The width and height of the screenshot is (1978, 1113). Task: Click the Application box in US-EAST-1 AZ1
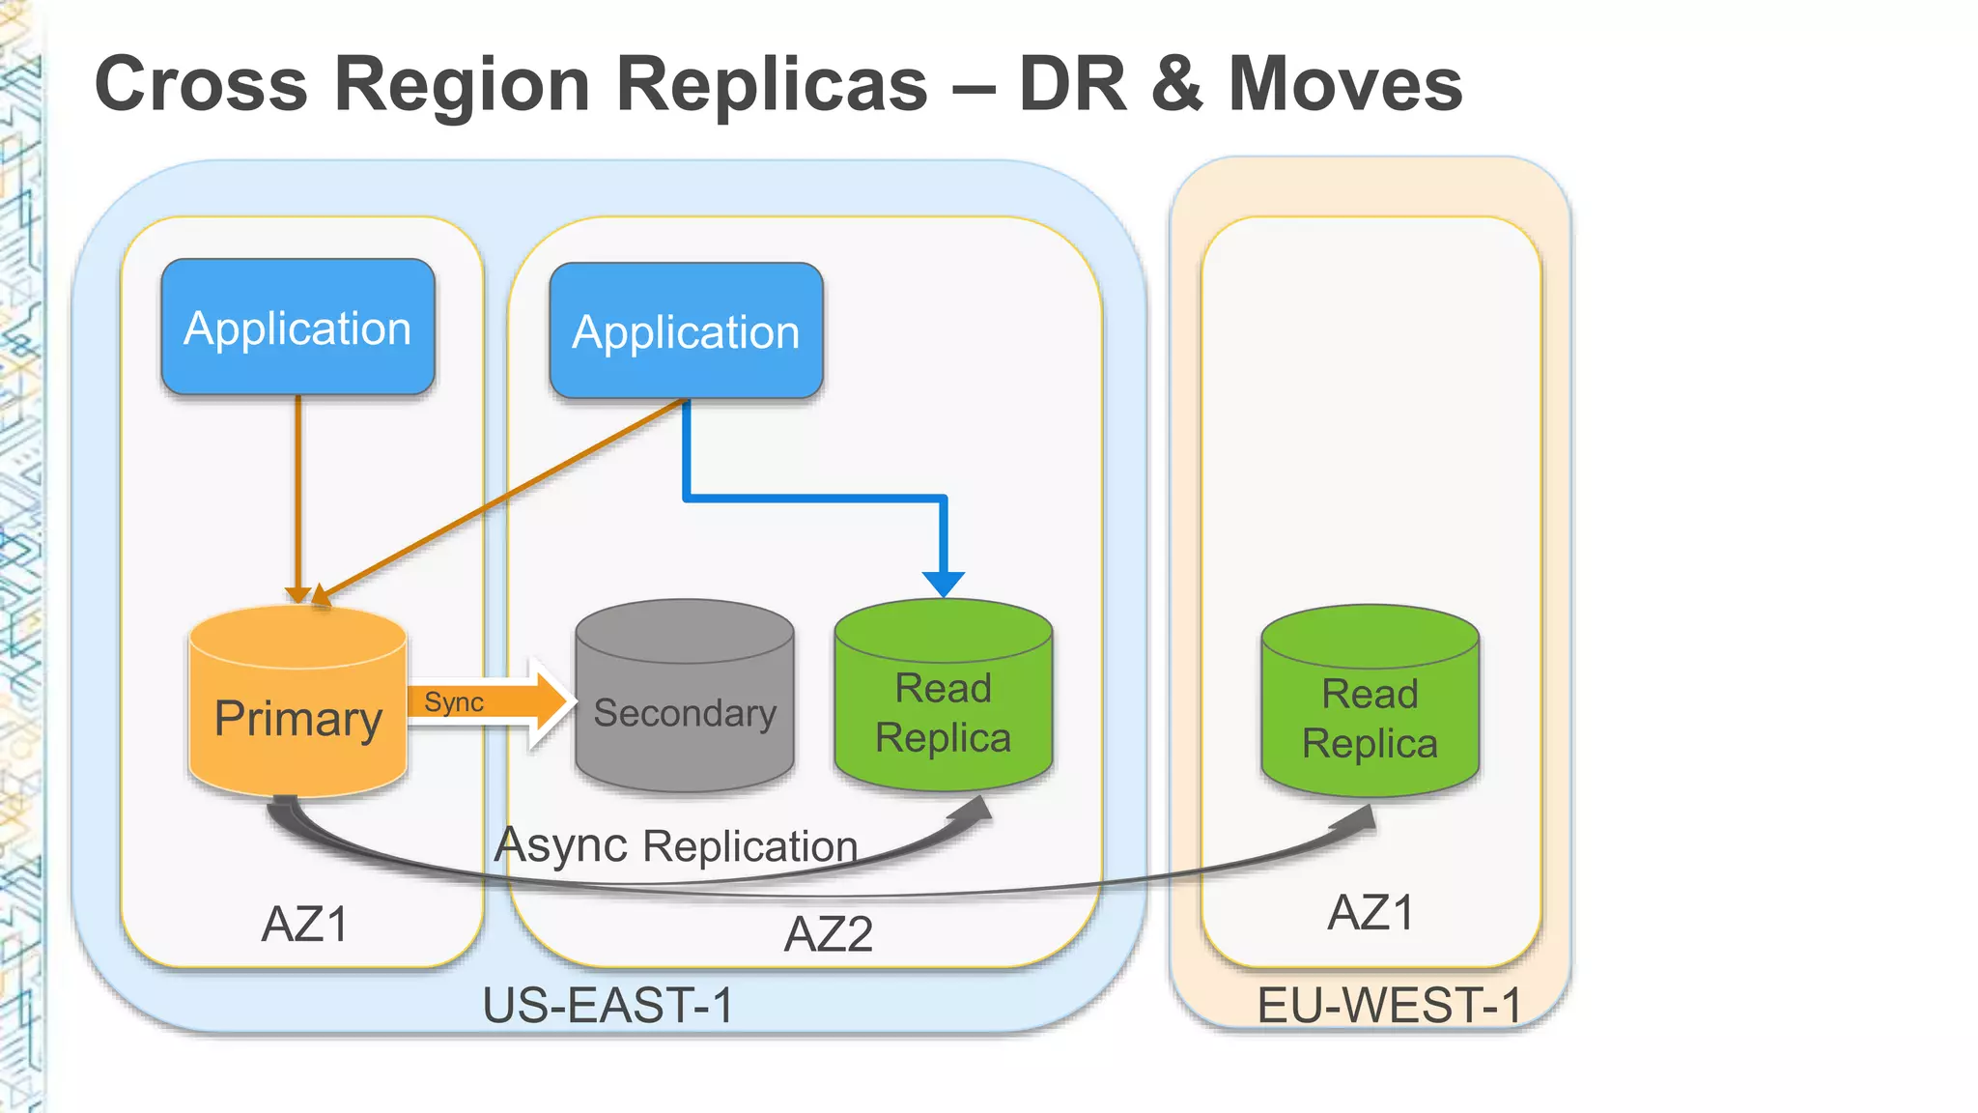[x=297, y=328]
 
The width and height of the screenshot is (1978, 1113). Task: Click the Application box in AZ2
[x=686, y=331]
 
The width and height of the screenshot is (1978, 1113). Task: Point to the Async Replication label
[x=676, y=845]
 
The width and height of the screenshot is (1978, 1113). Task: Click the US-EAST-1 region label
[x=608, y=1005]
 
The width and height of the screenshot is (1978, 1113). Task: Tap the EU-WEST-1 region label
[x=1389, y=1005]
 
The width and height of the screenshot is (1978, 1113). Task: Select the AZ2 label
[x=829, y=934]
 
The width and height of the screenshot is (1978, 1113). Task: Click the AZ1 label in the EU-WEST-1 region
[x=1371, y=913]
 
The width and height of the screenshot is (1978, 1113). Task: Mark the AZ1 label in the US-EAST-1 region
[x=305, y=925]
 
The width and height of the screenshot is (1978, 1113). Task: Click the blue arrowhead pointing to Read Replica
[x=944, y=584]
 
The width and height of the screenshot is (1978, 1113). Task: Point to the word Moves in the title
[x=1345, y=84]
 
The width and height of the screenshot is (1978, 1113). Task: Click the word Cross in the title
[x=201, y=84]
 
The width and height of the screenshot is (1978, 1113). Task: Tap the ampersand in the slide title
[x=1176, y=84]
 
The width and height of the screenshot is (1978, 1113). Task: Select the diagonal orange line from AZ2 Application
[x=502, y=498]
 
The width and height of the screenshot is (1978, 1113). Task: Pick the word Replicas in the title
[x=772, y=84]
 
